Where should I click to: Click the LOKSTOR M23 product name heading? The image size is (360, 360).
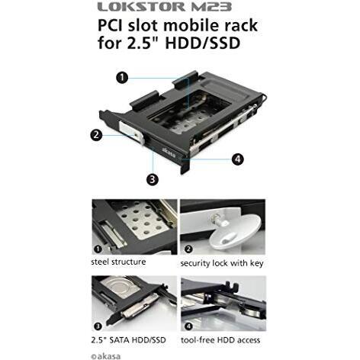(165, 7)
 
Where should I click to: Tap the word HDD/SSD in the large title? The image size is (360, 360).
(203, 43)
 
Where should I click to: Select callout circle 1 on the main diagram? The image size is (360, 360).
(122, 77)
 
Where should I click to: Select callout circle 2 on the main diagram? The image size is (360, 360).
(96, 134)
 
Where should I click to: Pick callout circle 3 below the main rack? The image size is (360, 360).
(153, 179)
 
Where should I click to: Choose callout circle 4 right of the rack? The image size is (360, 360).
(237, 159)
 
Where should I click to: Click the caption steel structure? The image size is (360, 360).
(118, 262)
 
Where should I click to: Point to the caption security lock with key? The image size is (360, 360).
(222, 263)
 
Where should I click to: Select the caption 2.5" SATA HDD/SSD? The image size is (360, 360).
(128, 340)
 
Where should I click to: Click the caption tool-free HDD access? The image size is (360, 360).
(220, 340)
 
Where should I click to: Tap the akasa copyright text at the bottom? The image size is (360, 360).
(106, 356)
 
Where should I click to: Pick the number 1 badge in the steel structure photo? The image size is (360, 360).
(98, 249)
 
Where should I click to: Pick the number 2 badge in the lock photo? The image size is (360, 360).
(188, 249)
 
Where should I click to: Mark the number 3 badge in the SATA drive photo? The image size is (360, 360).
(98, 326)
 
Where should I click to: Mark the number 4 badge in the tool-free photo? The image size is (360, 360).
(188, 326)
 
